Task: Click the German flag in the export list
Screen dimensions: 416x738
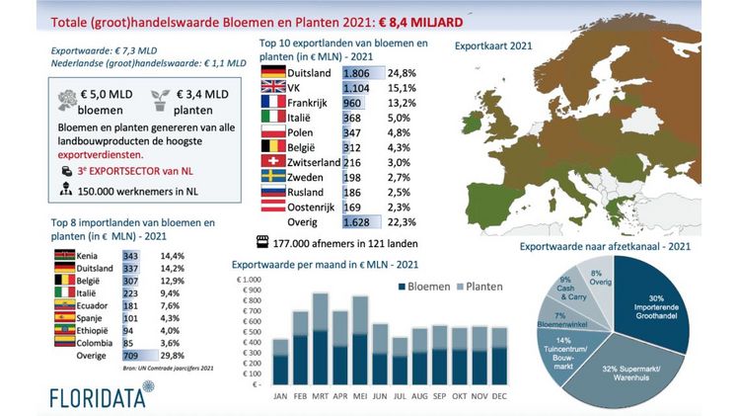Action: (271, 72)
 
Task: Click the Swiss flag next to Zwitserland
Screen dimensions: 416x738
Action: (271, 161)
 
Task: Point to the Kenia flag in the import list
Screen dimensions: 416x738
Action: (61, 255)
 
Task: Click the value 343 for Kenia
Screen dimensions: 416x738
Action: (130, 255)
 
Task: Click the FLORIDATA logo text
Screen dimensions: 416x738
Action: (95, 396)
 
